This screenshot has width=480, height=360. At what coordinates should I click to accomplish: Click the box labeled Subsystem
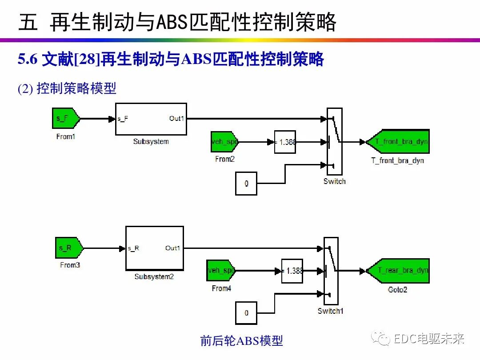point(151,119)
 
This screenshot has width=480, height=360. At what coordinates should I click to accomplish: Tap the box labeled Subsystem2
point(154,248)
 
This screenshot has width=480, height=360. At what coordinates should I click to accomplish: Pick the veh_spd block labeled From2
point(225,142)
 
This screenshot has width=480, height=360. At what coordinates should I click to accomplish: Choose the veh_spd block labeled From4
point(221,270)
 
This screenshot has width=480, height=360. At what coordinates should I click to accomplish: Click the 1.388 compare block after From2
point(285,142)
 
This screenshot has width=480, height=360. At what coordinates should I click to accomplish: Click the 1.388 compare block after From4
point(292,271)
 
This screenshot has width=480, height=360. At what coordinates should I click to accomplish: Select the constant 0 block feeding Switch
point(246,184)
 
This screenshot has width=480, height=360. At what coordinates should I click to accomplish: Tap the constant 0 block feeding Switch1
point(246,313)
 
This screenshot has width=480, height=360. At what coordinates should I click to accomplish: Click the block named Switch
point(334,141)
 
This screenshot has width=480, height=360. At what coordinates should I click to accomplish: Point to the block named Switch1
point(331,270)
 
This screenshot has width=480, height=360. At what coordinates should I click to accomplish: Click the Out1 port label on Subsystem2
point(172,248)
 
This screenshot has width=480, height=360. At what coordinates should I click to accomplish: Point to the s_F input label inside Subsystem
point(123,119)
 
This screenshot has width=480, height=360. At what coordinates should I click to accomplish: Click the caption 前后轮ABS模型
point(241,341)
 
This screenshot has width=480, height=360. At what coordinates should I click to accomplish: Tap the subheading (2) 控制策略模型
point(67,88)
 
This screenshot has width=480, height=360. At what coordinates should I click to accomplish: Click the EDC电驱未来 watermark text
point(429,339)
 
